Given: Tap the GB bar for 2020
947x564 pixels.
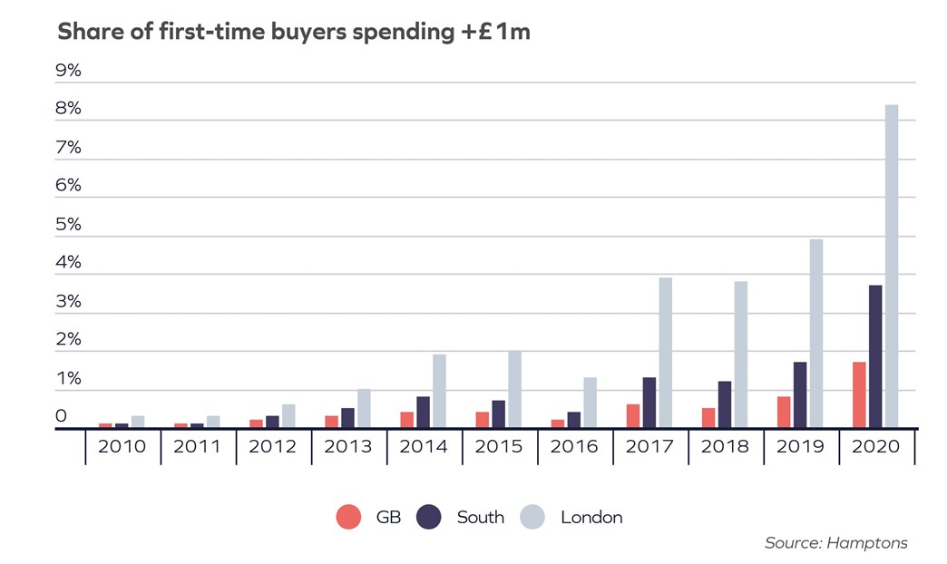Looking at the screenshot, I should [859, 394].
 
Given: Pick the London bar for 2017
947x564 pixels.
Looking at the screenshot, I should [666, 353].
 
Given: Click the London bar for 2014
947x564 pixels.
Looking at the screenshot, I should [439, 391].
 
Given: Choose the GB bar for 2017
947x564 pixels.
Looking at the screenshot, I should [633, 415].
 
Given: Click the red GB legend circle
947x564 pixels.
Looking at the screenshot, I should [348, 518].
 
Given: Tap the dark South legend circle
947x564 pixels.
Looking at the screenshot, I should [429, 518].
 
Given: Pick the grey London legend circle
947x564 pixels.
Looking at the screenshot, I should [532, 518].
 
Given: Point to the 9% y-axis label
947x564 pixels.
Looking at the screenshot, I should [69, 71].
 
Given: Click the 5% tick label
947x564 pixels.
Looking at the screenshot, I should [69, 224].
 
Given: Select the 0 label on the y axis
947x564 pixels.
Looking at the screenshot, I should [62, 416].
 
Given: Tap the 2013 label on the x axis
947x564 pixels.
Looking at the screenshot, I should [349, 447].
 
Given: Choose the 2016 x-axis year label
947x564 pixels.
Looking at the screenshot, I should [575, 447].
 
